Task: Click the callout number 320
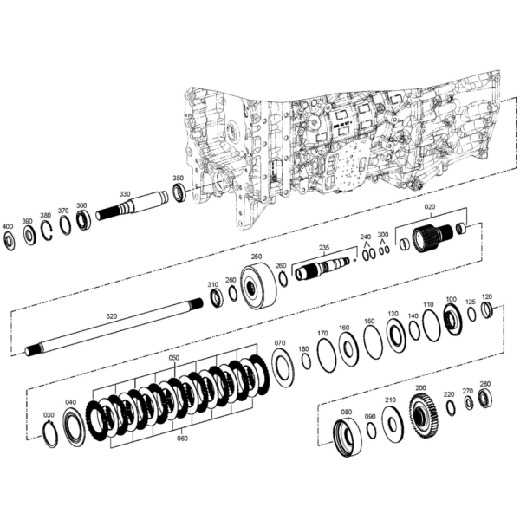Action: (x=112, y=316)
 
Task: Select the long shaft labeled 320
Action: (x=114, y=328)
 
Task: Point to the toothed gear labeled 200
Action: (x=424, y=415)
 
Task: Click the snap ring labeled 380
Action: (x=48, y=231)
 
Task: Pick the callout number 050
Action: (x=174, y=358)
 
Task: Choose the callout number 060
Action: (x=182, y=439)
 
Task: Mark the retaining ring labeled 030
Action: (x=51, y=433)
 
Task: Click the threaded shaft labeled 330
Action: (x=132, y=206)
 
